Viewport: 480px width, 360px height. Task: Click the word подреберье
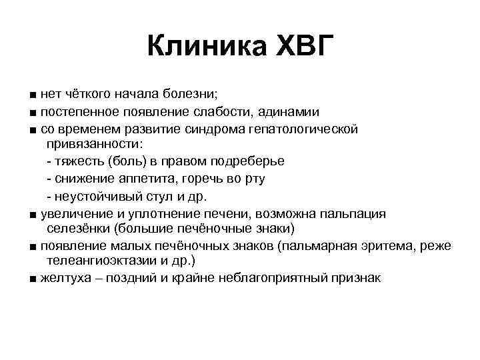point(249,161)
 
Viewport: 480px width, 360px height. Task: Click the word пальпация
point(355,213)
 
